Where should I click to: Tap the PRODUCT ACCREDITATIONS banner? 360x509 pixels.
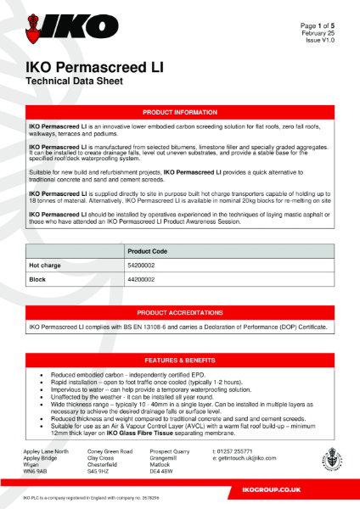coord(179,313)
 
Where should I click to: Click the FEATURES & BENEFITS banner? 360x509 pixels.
coord(179,361)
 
